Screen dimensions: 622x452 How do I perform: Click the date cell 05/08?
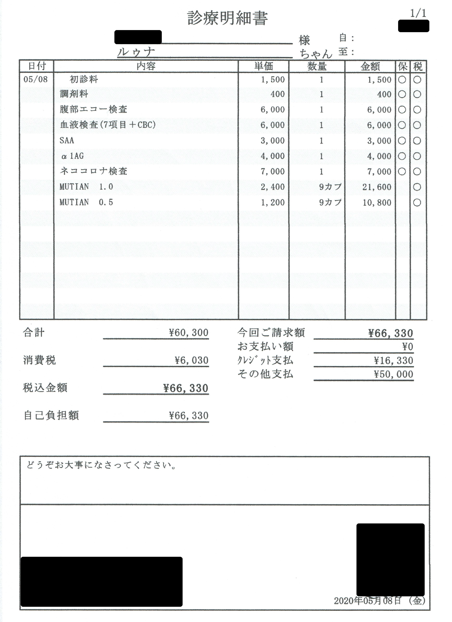(x=36, y=80)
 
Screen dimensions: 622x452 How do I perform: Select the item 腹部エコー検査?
(x=93, y=109)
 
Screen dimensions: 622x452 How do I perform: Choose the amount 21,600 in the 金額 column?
(x=377, y=187)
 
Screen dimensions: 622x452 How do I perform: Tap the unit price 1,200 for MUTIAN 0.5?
(x=273, y=203)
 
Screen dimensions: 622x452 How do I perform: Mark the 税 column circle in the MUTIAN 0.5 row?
(x=417, y=203)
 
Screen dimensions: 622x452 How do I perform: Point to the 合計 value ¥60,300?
(x=189, y=333)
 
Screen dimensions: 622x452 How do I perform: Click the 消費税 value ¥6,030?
(x=191, y=360)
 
